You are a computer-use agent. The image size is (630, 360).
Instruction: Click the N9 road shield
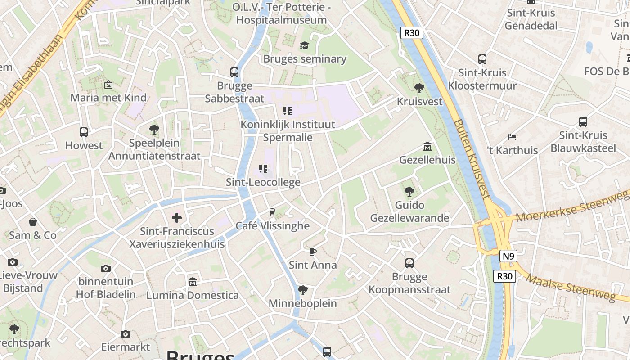point(508,256)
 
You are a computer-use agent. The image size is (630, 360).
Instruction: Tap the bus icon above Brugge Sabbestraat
point(234,72)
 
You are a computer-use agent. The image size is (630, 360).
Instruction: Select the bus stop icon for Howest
point(84,132)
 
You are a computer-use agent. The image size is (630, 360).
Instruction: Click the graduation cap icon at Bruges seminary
point(305,45)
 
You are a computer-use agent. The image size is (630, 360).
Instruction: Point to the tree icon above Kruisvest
point(419,88)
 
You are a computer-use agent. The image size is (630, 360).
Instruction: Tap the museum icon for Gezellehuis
point(427,146)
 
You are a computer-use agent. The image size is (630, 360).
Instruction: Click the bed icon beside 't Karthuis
point(512,137)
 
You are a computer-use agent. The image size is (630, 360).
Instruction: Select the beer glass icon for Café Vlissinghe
point(272,212)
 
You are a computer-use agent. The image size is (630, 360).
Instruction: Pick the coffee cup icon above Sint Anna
point(313,252)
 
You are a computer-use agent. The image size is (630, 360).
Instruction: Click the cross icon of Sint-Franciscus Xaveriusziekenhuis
point(177,218)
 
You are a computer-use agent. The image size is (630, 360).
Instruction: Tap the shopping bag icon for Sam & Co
point(33,222)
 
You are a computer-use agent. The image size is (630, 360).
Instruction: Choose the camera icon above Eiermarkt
point(126,334)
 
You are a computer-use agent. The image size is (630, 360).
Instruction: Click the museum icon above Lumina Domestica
point(193,282)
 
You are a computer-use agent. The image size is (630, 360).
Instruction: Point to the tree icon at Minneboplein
point(302,290)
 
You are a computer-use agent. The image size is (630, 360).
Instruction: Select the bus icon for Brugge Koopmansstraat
point(409,263)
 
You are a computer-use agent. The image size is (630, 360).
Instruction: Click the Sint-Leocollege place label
point(263,182)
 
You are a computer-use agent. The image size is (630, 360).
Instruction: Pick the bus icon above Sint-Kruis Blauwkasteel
point(583,121)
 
